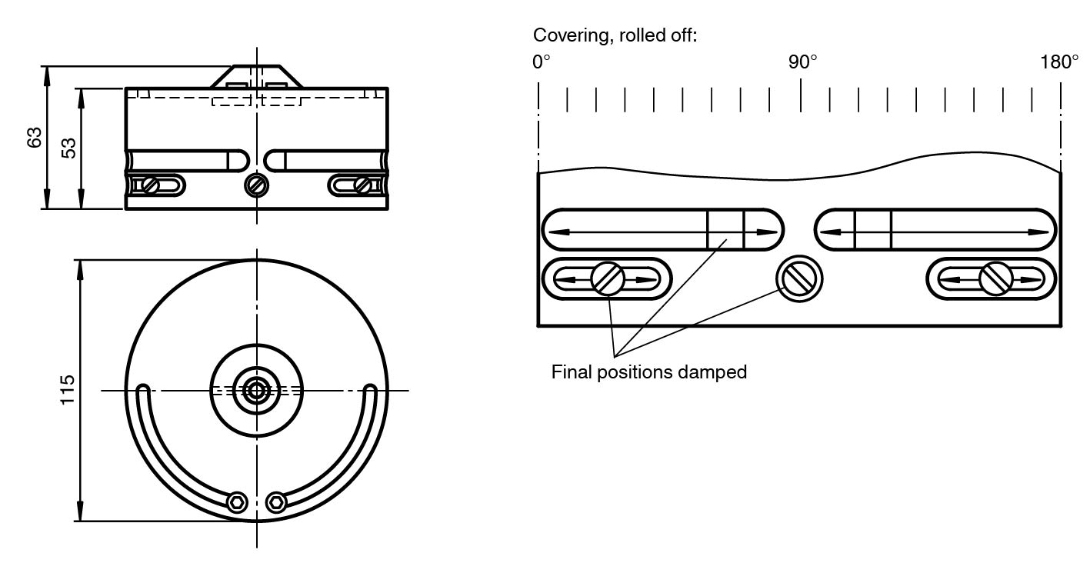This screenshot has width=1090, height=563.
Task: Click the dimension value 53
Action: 69,148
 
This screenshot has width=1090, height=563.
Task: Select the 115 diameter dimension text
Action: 68,391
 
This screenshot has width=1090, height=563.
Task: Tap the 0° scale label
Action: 541,62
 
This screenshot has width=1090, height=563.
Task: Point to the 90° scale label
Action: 802,62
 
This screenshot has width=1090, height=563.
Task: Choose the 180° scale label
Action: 1059,62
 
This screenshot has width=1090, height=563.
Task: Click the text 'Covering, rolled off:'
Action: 615,35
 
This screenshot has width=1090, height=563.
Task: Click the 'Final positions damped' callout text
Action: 648,372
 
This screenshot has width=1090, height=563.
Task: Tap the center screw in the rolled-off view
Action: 799,278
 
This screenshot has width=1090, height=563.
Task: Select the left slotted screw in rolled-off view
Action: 608,278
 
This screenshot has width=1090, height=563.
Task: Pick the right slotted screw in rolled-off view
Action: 995,278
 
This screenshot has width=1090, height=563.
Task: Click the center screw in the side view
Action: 257,185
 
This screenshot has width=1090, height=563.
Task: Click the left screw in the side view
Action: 150,185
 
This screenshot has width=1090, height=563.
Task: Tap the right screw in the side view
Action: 362,185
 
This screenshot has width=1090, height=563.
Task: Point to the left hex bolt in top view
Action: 238,502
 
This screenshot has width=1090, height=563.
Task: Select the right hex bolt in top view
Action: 275,502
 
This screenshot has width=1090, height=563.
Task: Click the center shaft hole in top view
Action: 257,391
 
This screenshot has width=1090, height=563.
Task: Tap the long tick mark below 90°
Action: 801,95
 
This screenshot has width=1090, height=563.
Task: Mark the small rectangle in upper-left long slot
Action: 725,229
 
